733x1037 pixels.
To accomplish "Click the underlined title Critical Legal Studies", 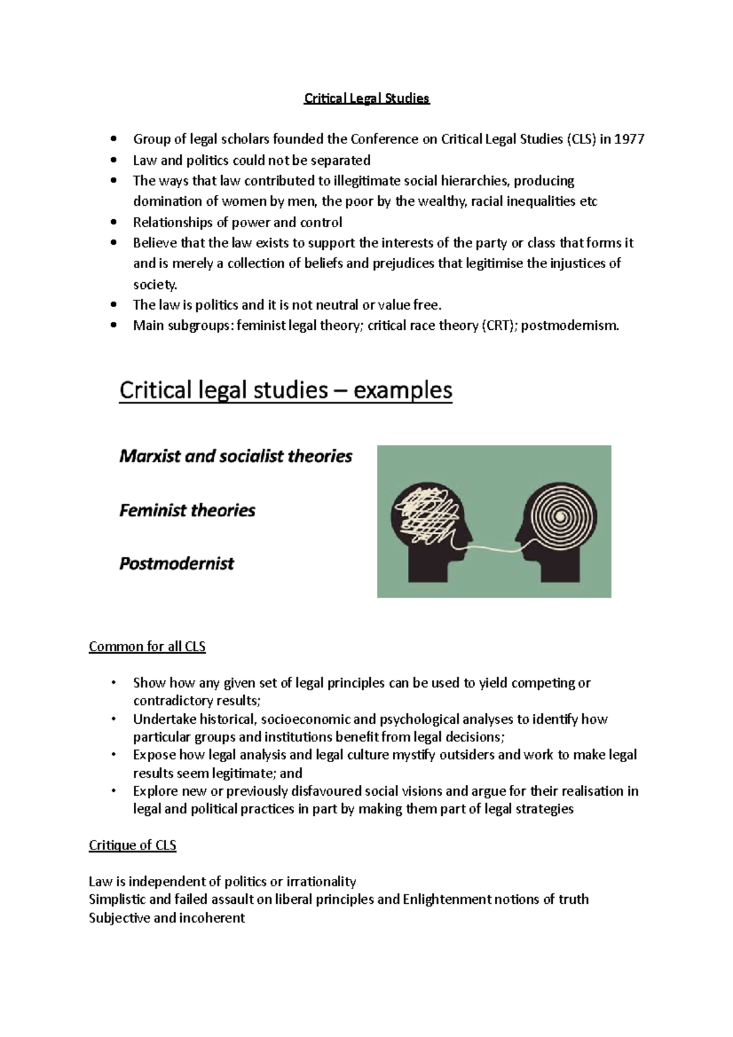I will (x=366, y=98).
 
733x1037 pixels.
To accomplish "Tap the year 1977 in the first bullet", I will (x=629, y=139).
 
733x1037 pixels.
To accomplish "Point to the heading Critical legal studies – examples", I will (x=285, y=390).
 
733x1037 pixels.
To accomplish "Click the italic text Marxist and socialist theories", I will (x=236, y=456).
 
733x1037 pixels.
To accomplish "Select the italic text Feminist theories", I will (x=187, y=510).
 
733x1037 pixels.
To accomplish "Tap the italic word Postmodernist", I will (x=177, y=563).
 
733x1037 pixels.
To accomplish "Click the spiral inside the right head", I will (x=560, y=515).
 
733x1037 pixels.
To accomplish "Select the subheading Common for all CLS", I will (x=147, y=646).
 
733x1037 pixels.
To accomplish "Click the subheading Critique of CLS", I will (x=133, y=845).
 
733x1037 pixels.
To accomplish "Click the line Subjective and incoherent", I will (x=167, y=917).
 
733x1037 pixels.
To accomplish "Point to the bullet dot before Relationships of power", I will (x=113, y=222).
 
